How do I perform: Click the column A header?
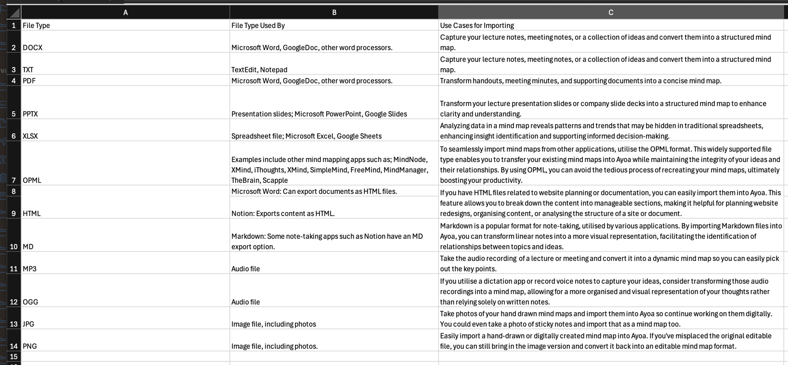click(125, 12)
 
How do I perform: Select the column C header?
click(610, 12)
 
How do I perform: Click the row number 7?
click(14, 180)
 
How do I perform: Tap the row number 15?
click(14, 356)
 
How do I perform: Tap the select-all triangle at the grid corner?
click(14, 12)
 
